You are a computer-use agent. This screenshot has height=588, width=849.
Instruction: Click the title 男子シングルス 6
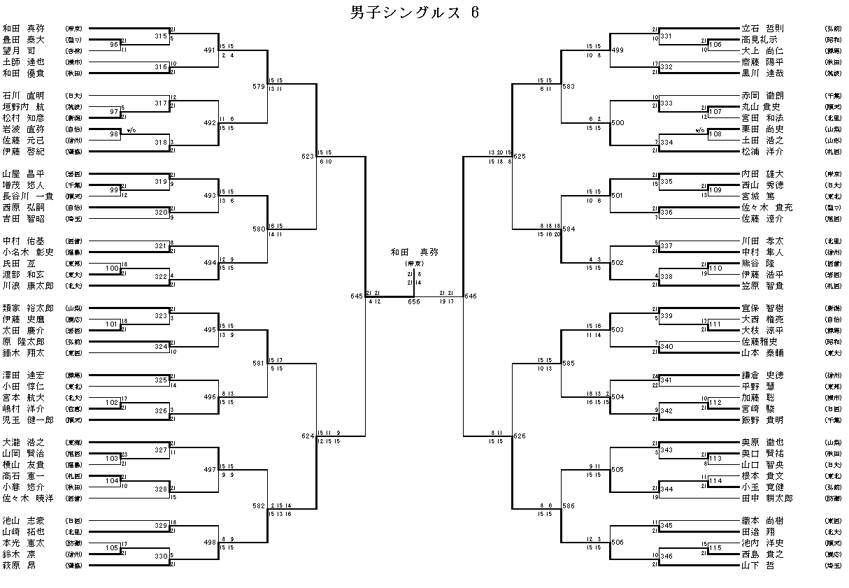pyautogui.click(x=414, y=13)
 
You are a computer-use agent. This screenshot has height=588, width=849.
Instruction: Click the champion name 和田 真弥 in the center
pyautogui.click(x=414, y=251)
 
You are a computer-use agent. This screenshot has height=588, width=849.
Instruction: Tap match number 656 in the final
pyautogui.click(x=414, y=302)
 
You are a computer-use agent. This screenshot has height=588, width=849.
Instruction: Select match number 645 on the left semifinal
pyautogui.click(x=357, y=296)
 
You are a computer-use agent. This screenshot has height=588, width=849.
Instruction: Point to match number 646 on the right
pyautogui.click(x=470, y=296)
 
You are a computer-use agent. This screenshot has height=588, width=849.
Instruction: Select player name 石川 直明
pyautogui.click(x=23, y=95)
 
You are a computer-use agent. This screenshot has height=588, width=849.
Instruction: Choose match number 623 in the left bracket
pyautogui.click(x=308, y=157)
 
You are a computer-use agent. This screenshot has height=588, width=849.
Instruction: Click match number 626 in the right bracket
pyautogui.click(x=519, y=436)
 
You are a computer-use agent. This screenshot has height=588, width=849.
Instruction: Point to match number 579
pyautogui.click(x=259, y=87)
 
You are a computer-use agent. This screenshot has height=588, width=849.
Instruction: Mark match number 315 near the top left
pyautogui.click(x=161, y=36)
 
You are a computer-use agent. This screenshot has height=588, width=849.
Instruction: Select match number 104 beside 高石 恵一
pyautogui.click(x=113, y=482)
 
